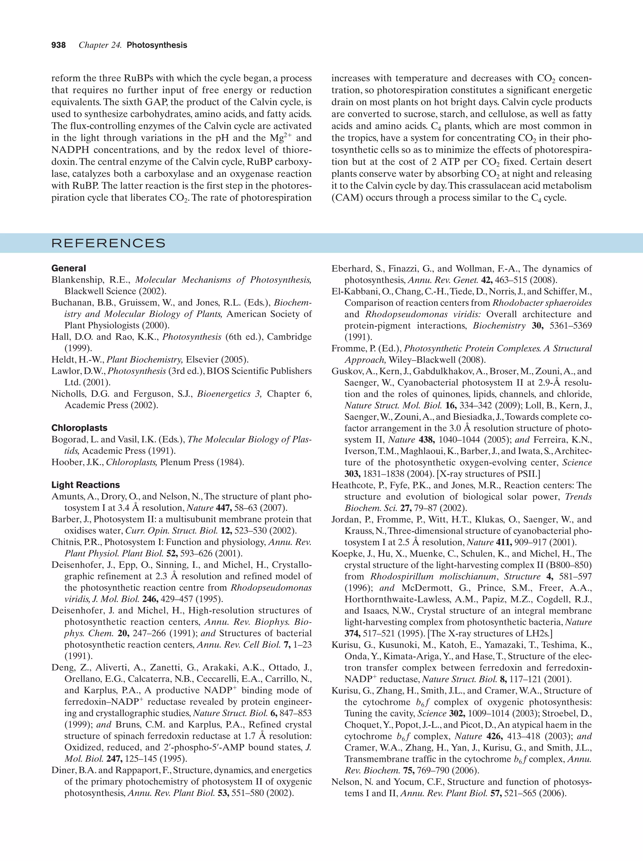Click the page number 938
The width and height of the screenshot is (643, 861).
[58, 45]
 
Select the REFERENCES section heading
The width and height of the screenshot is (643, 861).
[109, 243]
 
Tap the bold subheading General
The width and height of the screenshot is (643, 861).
[68, 268]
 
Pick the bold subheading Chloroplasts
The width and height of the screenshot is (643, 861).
[79, 428]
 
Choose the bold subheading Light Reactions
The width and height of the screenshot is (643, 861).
[86, 485]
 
